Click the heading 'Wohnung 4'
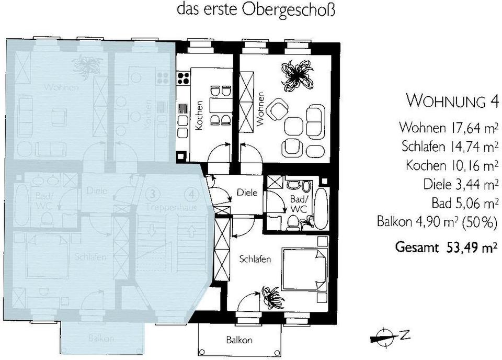point(451,100)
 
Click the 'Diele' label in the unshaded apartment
point(247,193)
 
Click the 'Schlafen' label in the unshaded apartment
point(255,259)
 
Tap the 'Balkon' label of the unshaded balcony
point(239,340)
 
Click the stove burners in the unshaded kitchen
point(184,78)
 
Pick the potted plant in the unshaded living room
point(296,74)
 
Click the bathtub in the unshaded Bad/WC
point(320,207)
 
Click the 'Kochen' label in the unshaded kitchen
point(199,115)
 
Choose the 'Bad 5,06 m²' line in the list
point(464,203)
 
